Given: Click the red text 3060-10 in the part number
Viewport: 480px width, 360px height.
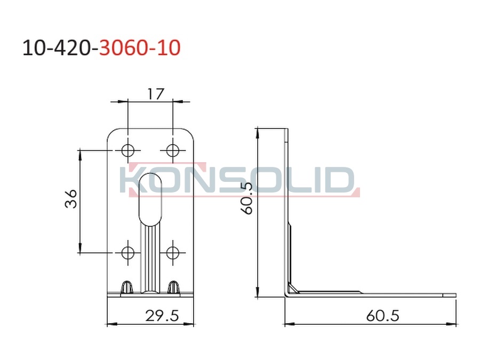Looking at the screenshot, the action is coord(140,48).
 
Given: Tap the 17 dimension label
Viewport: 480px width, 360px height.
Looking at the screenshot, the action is coord(156,94).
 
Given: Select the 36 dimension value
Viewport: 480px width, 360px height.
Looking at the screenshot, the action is coord(71,199).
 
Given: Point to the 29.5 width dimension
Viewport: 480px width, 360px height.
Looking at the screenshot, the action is coord(162,316).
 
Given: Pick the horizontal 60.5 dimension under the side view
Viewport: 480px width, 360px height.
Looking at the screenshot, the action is coord(382,316).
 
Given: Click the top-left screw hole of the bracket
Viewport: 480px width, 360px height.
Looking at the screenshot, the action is coord(127,150).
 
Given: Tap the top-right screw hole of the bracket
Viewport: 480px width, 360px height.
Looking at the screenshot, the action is coord(173,150).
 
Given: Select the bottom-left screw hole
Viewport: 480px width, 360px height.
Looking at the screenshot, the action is coord(127,253).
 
